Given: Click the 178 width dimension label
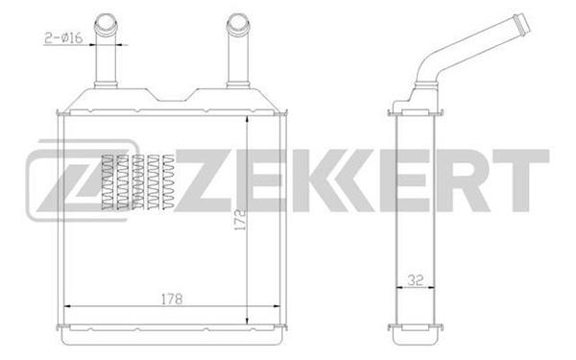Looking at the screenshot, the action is tap(172, 299).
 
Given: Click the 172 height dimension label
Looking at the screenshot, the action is tap(239, 220).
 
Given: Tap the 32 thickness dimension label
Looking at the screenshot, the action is tap(415, 280).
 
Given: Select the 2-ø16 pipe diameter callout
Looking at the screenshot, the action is tap(64, 37).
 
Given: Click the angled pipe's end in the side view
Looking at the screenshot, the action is tap(522, 23).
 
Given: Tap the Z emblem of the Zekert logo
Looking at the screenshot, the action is tap(80, 181).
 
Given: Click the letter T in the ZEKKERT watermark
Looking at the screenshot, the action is tap(521, 180).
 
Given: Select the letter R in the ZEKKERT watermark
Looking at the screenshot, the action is tap(464, 180).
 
